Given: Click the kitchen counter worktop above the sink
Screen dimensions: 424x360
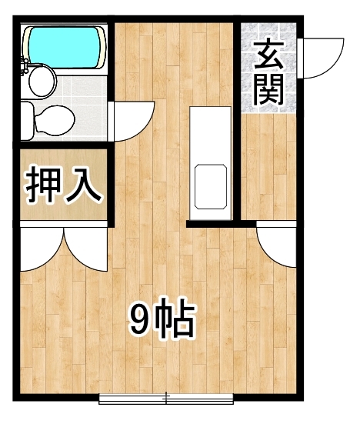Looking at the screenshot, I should point(209,131).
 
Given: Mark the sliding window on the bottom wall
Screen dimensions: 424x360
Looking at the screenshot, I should point(167,399).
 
